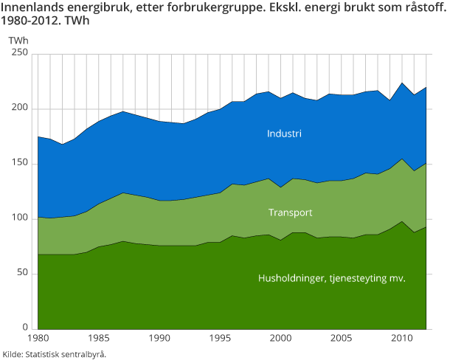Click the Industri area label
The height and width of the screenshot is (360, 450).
[285, 134]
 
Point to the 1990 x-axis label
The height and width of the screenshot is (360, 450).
[159, 339]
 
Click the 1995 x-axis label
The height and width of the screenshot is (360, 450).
[220, 339]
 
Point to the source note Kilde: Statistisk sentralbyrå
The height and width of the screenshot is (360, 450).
[55, 354]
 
